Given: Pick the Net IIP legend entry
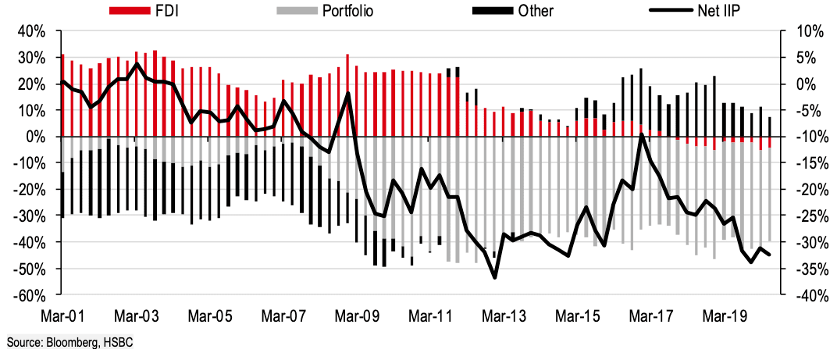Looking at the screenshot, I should [704, 11].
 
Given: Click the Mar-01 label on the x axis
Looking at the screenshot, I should [62, 317].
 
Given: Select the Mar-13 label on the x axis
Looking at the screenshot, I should [504, 317].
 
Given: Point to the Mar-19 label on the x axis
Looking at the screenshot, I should [723, 317].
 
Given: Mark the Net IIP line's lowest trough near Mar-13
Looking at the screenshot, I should [494, 277].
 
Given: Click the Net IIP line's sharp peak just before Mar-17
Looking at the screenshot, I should [641, 135].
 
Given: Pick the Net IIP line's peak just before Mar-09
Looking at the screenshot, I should [347, 93].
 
